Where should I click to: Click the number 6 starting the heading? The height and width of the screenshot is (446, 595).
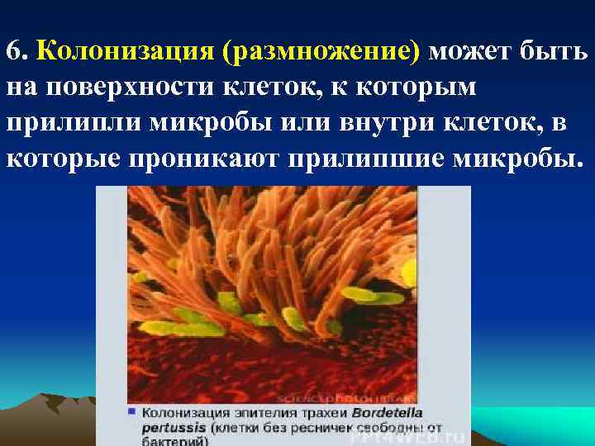click(x=12, y=53)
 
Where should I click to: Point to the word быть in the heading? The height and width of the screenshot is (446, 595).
click(x=555, y=53)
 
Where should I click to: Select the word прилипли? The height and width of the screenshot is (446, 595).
click(x=75, y=123)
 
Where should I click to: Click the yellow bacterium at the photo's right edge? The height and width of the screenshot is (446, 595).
click(x=408, y=269)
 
